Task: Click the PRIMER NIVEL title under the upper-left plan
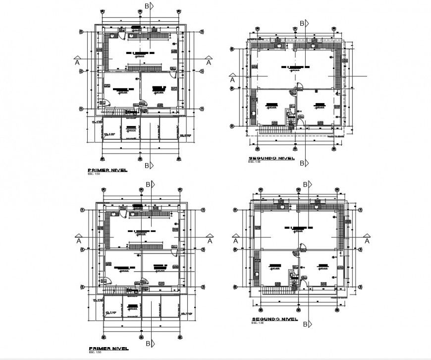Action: (x=107, y=170)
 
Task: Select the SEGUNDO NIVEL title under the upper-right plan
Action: (x=270, y=159)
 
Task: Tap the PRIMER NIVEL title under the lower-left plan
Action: (x=107, y=349)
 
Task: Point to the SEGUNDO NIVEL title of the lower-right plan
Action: (x=274, y=319)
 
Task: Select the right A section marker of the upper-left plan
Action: (x=208, y=62)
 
